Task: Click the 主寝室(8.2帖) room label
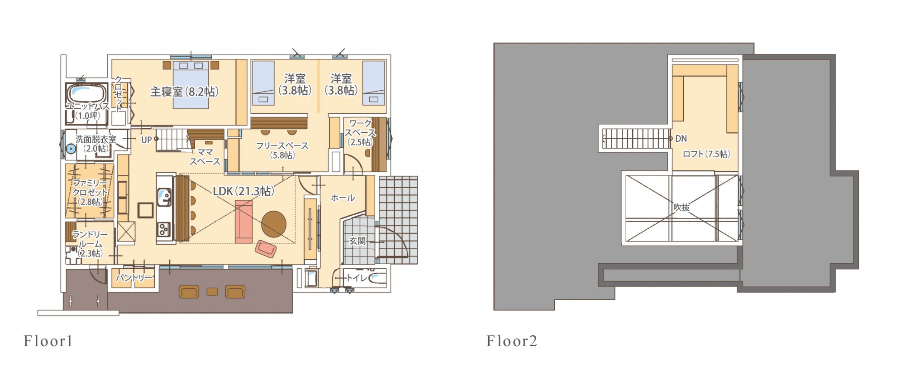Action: click(x=184, y=92)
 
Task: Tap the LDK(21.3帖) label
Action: click(x=243, y=191)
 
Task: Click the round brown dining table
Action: click(x=274, y=224)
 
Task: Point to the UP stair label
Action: click(x=146, y=140)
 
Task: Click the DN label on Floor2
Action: click(x=681, y=139)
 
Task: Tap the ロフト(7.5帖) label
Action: click(x=706, y=154)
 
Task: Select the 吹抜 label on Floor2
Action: click(x=681, y=208)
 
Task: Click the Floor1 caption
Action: click(x=48, y=341)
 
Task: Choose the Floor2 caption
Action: click(x=512, y=341)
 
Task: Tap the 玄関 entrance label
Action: click(x=357, y=241)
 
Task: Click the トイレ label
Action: click(x=357, y=277)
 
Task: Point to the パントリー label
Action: click(x=134, y=277)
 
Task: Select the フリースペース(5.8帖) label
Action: click(x=282, y=150)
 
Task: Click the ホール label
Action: click(x=343, y=198)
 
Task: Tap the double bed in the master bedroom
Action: click(x=191, y=85)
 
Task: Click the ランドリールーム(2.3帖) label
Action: click(x=90, y=244)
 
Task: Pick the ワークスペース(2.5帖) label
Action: click(x=360, y=133)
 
